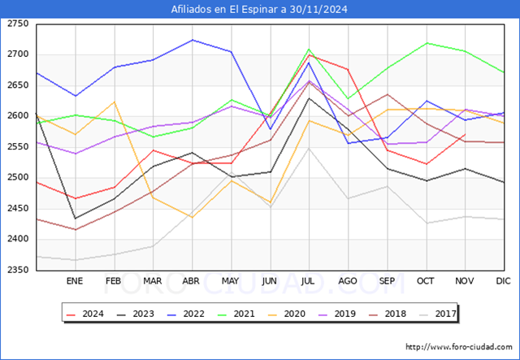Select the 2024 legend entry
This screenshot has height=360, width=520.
point(84,314)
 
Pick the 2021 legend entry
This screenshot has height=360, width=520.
point(236,314)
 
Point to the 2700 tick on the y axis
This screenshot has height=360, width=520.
point(18,54)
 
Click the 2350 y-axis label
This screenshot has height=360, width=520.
point(18,270)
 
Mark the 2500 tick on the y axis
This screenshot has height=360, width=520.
point(18,177)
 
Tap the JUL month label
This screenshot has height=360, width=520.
point(308,281)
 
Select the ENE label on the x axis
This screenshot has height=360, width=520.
point(75,281)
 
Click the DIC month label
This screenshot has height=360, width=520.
point(503,281)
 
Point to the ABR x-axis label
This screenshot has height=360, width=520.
point(191,281)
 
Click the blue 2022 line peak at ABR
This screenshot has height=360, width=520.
point(193,40)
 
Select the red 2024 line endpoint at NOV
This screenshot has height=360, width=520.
point(465,134)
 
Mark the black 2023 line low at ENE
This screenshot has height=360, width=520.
point(76,219)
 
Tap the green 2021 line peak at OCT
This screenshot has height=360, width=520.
point(427,43)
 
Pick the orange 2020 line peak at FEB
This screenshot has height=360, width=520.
point(115,102)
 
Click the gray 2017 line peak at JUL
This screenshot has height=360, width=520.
point(309,149)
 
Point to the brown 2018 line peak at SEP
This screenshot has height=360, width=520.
point(388,94)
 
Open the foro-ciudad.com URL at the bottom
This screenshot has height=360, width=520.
point(459,347)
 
